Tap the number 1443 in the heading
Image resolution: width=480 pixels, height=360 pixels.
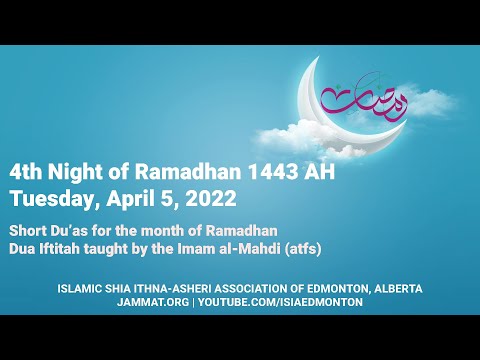[x=277, y=171]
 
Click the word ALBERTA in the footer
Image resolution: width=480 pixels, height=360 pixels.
[x=392, y=288]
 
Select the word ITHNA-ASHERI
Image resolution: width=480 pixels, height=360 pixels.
[x=175, y=288]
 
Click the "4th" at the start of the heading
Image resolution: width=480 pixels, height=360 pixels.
[x=33, y=171]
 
